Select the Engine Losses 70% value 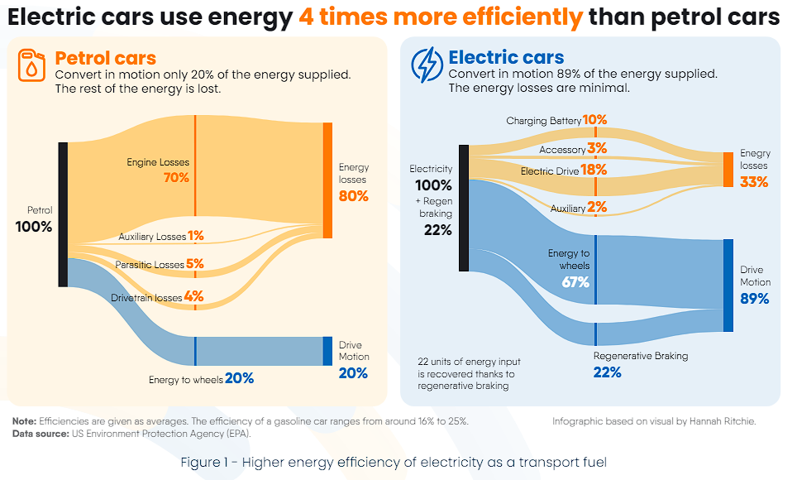tap(176, 177)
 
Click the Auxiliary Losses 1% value tap(195, 236)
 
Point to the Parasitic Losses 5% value tap(195, 264)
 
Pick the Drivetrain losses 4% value tap(193, 295)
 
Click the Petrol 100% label tap(34, 227)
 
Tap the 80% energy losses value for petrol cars tap(353, 196)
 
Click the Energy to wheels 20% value tap(238, 378)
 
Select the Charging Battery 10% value tap(594, 120)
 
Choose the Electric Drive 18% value tap(594, 170)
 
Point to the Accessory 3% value tap(597, 149)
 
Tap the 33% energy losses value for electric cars tap(754, 181)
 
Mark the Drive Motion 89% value tap(754, 299)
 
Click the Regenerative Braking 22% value tap(607, 372)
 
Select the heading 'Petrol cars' tap(105, 58)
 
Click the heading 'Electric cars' tap(506, 58)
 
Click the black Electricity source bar tap(464, 208)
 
